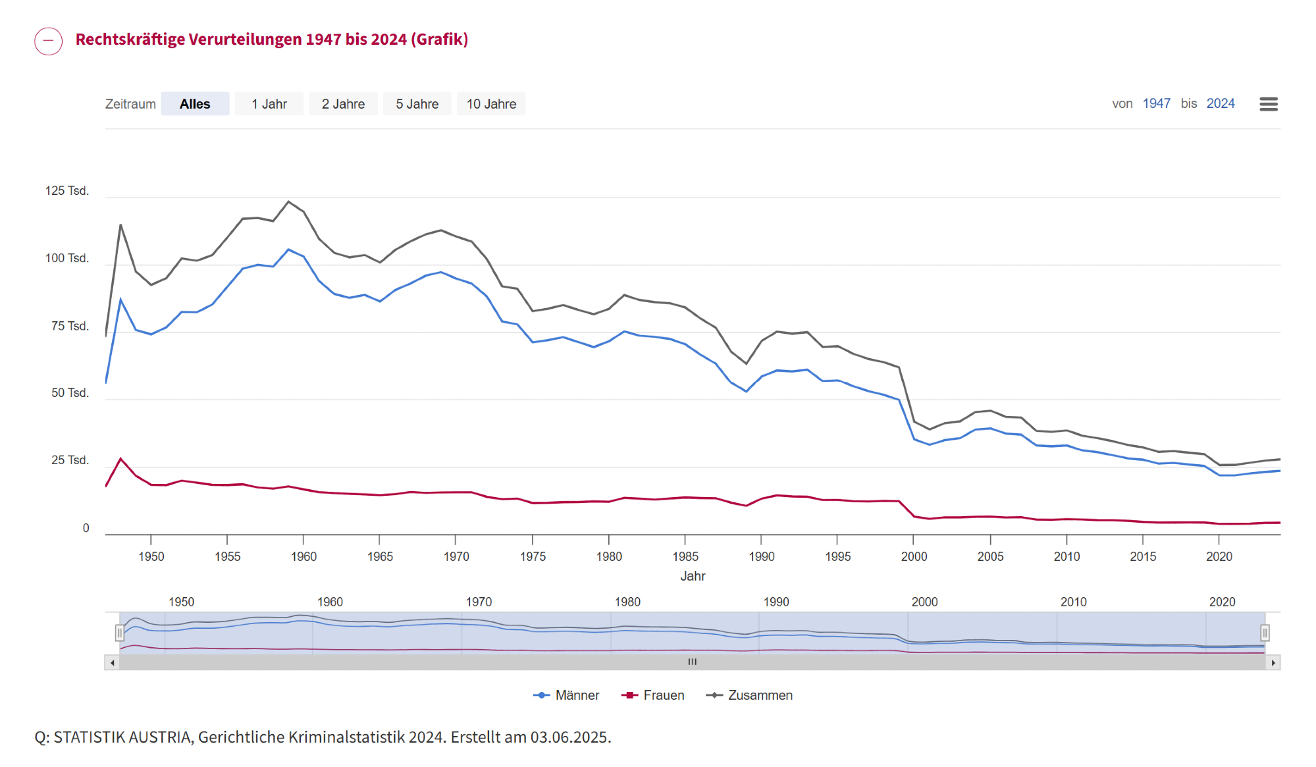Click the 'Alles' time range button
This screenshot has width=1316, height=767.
point(195,104)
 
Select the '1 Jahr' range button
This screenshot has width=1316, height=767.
point(269,104)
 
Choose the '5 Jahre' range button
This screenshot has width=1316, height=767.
point(417,104)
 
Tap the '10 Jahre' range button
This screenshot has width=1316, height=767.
point(491,104)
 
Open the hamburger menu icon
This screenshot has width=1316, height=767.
point(1268,104)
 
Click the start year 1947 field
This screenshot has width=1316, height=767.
point(1156,104)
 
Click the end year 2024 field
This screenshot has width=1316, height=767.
point(1220,104)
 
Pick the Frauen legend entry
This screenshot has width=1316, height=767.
point(653,695)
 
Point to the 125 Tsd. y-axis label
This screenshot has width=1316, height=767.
point(66,191)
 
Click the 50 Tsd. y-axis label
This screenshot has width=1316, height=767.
point(70,393)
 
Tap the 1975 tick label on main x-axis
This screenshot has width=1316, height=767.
point(533,557)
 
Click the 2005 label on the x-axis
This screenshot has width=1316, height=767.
point(990,557)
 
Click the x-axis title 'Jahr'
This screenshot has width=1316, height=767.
point(693,576)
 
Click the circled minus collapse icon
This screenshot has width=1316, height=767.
point(49,41)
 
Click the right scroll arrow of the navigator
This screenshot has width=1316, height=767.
point(1274,662)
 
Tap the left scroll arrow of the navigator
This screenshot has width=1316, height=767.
point(113,662)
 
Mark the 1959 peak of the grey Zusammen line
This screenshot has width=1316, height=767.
point(288,201)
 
